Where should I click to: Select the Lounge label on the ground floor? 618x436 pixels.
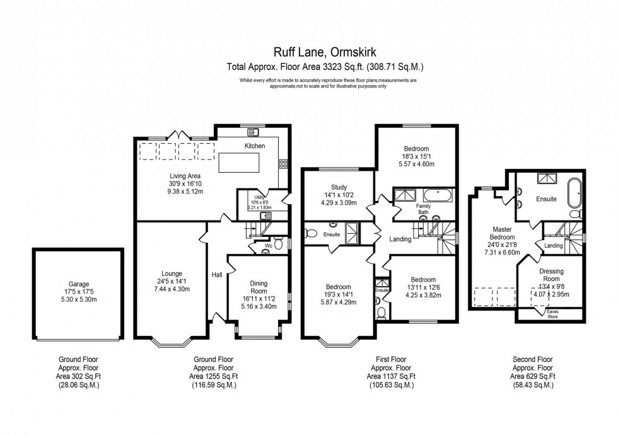(x=171, y=273)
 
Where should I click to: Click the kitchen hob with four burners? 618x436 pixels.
(x=284, y=164)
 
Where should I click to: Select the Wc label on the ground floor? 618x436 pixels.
(x=268, y=246)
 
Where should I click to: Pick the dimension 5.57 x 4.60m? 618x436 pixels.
(x=416, y=164)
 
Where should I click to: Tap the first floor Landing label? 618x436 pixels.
(x=400, y=239)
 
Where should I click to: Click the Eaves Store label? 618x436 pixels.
(x=552, y=314)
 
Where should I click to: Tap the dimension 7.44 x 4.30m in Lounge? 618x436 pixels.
(x=171, y=289)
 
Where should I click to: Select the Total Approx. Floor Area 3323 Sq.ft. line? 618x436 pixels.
(x=325, y=66)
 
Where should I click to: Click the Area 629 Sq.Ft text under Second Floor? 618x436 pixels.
(x=533, y=376)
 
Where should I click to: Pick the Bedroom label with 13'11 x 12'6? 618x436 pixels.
(x=423, y=280)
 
